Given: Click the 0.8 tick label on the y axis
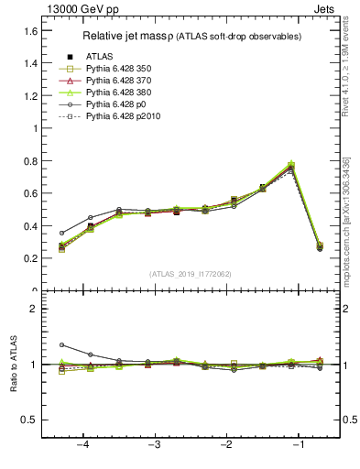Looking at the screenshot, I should coord(29,161).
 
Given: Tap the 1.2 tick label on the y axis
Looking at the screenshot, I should coord(29,96).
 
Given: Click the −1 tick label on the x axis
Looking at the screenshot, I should coord(298,445).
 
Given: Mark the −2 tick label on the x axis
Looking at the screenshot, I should coord(226,445).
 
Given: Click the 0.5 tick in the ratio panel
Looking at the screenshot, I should coord(29,420).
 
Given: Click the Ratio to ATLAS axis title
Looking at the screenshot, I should coord(14,364).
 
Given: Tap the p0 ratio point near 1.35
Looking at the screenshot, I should coord(61,345).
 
